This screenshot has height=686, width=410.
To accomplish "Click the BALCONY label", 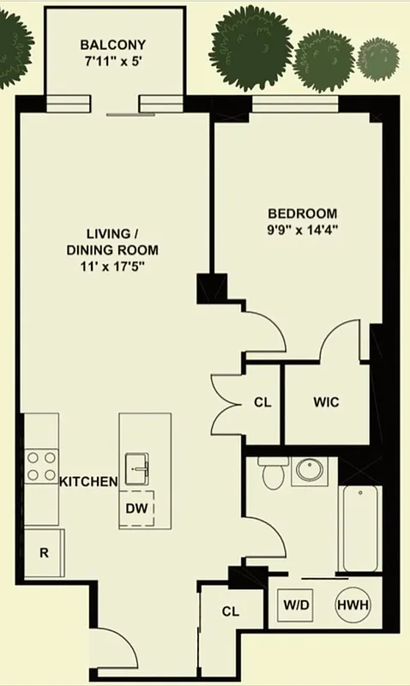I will pos(112,45).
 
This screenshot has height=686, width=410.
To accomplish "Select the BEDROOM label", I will pos(302,214).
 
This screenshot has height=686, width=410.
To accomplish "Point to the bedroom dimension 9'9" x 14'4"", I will pos(302,229).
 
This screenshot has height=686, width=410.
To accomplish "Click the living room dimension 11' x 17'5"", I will pos(112,265).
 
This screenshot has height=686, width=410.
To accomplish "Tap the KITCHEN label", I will pos(87,482).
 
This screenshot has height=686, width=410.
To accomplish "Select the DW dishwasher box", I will pos(137,508).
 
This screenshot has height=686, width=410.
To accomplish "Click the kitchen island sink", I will pos(138,469).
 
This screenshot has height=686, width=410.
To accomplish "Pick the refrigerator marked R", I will pos(43,551).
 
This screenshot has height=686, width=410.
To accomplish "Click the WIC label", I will pos(327,402).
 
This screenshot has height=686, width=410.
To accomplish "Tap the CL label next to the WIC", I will pos(262,402).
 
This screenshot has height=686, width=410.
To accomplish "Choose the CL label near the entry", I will pos(230,611).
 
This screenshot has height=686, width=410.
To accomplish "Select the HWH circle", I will pos(353,605).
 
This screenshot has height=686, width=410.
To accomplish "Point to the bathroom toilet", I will pos(273,472).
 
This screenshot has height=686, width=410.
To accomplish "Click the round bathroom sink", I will pos(306,470).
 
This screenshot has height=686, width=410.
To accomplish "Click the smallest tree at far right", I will pos(378,57).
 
